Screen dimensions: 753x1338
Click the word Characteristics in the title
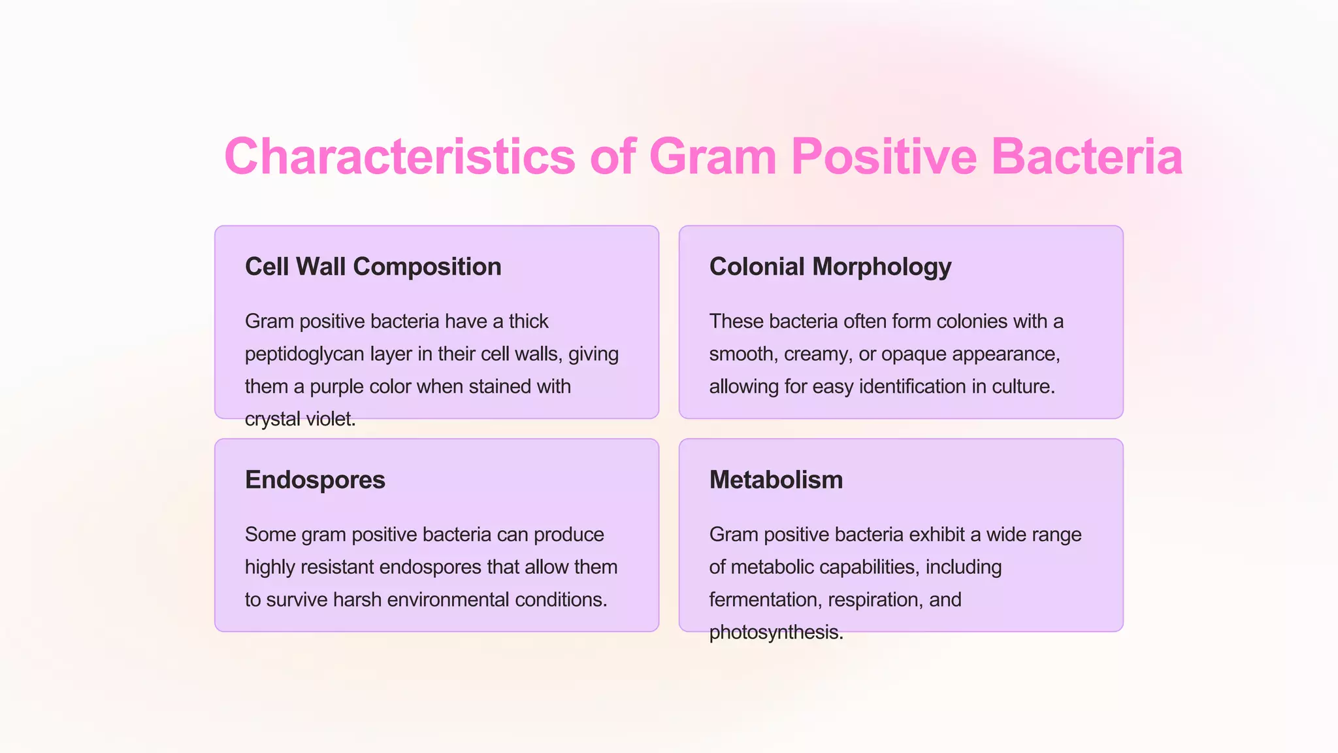pos(399,157)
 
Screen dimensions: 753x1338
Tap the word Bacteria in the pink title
pos(1086,157)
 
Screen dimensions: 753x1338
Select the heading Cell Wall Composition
pos(373,267)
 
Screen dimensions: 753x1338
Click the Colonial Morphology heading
pos(830,267)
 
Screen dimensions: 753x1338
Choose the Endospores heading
pos(315,480)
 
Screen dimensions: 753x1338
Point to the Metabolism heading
pos(775,480)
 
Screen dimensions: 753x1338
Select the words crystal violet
pos(300,419)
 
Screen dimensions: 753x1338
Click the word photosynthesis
pos(775,632)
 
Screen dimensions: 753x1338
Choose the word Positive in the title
pos(883,157)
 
